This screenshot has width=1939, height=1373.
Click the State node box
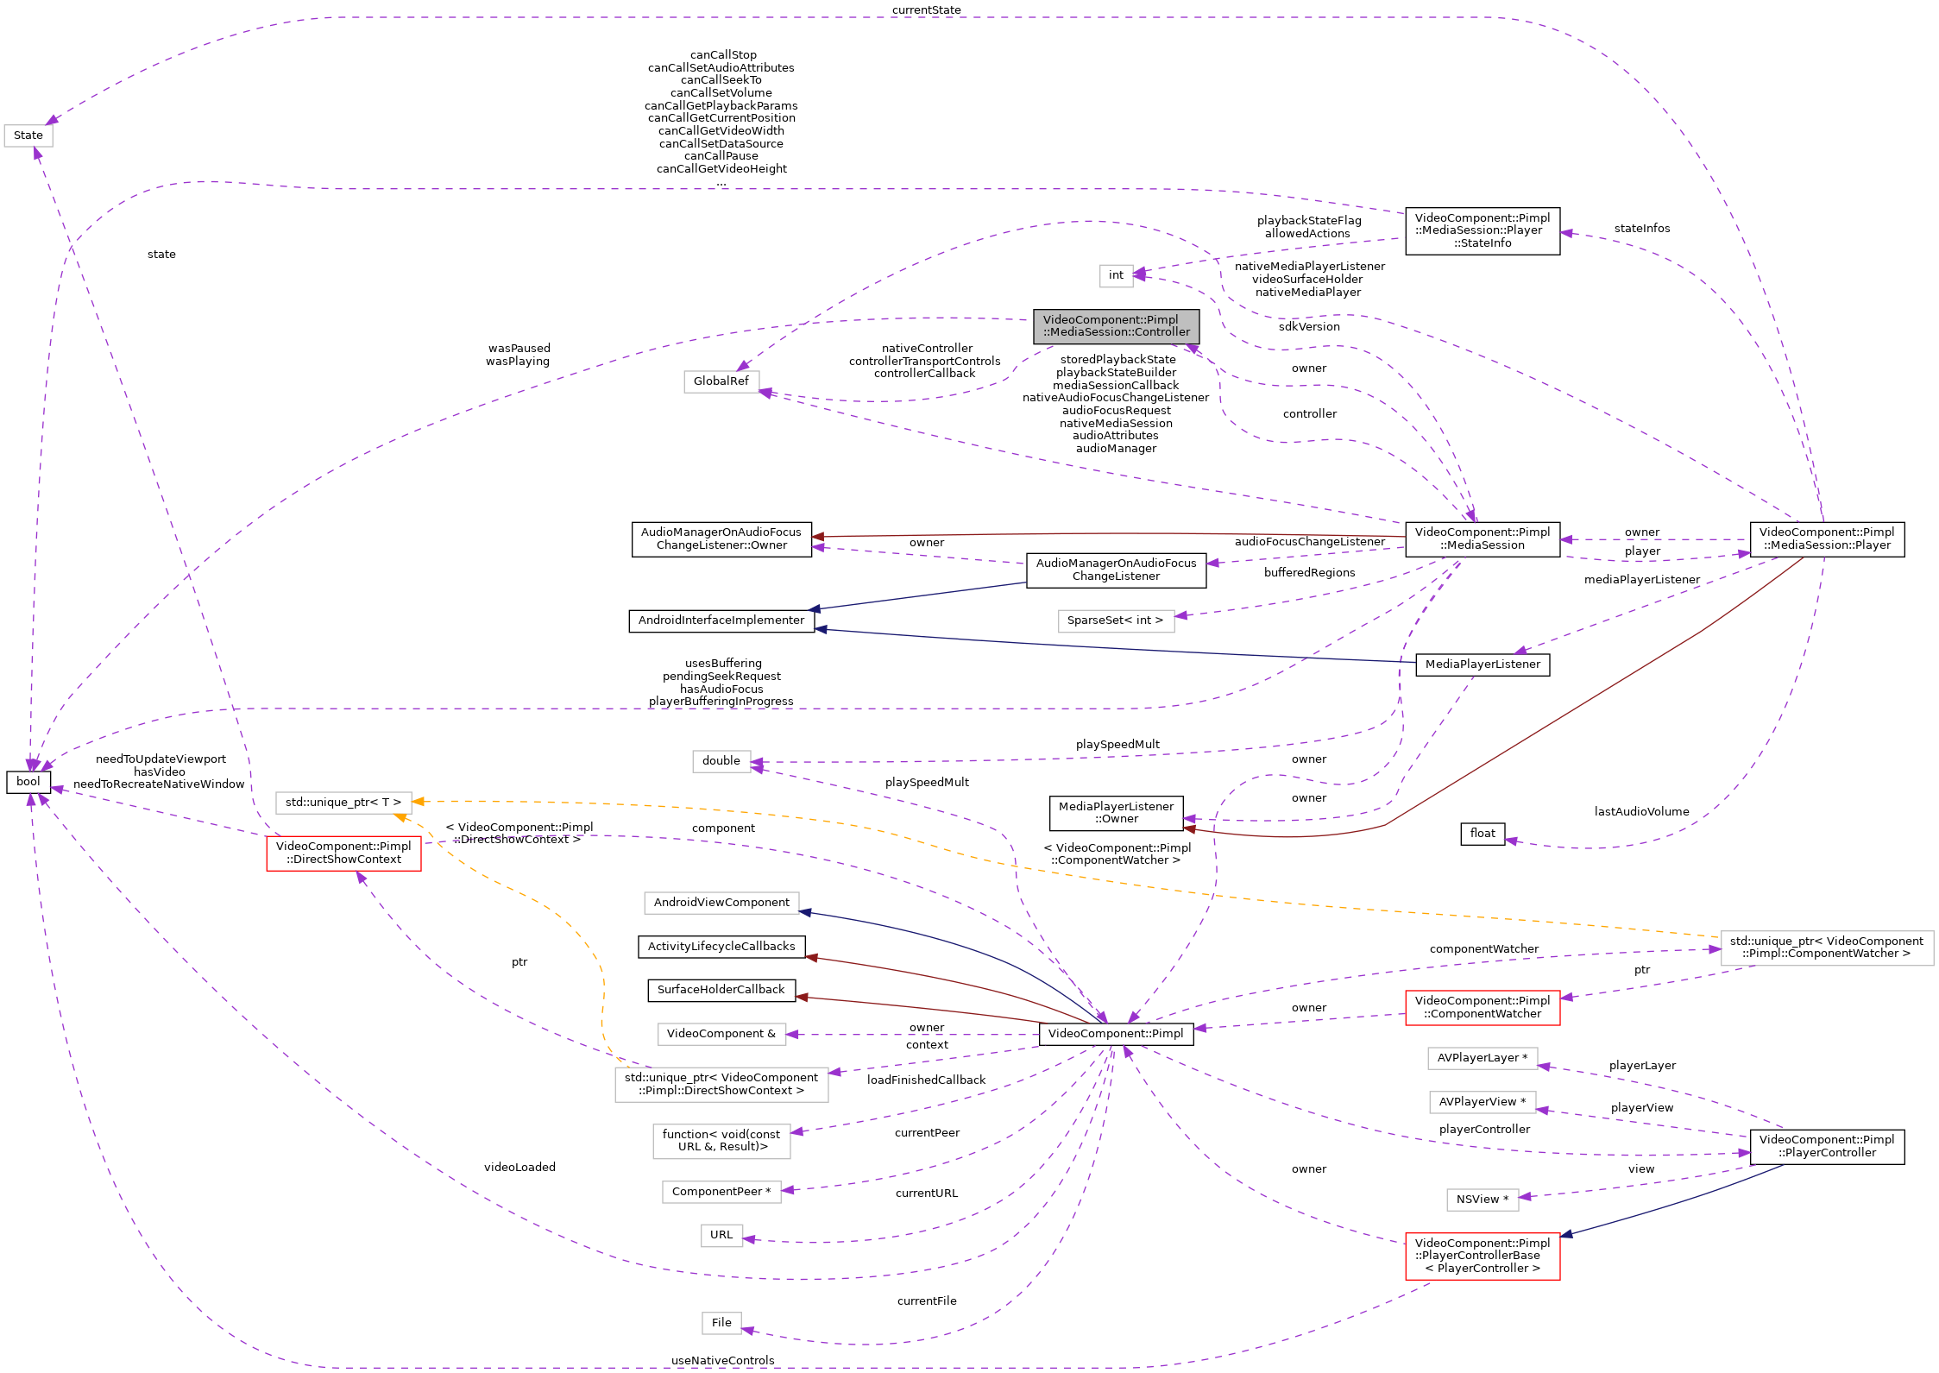pyautogui.click(x=28, y=135)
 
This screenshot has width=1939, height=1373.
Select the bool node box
pyautogui.click(x=28, y=782)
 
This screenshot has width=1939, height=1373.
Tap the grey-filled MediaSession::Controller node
pyautogui.click(x=1116, y=326)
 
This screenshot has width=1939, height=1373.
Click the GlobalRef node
pyautogui.click(x=721, y=381)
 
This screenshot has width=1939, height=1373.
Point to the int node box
pyautogui.click(x=1116, y=275)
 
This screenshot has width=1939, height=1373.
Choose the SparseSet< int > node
pyautogui.click(x=1115, y=620)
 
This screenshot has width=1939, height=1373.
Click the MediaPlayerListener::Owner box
pyautogui.click(x=1116, y=813)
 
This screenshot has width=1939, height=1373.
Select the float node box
pyautogui.click(x=1483, y=834)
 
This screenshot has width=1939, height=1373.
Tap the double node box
pyautogui.click(x=721, y=761)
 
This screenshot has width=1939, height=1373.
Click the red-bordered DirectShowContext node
pyautogui.click(x=343, y=853)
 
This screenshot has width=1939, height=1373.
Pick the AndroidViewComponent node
pyautogui.click(x=721, y=903)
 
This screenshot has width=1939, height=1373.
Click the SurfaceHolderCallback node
pyautogui.click(x=721, y=990)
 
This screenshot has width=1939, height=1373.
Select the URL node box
pyautogui.click(x=721, y=1235)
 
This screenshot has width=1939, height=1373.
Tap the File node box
pyautogui.click(x=721, y=1323)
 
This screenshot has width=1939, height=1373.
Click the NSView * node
pyautogui.click(x=1483, y=1200)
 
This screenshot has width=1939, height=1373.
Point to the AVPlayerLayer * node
pyautogui.click(x=1483, y=1058)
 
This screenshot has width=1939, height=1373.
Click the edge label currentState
pyautogui.click(x=927, y=10)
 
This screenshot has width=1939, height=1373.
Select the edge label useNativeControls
pyautogui.click(x=723, y=1361)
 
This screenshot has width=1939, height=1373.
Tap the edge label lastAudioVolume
pyautogui.click(x=1642, y=812)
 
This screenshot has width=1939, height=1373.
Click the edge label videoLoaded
pyautogui.click(x=519, y=1168)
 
